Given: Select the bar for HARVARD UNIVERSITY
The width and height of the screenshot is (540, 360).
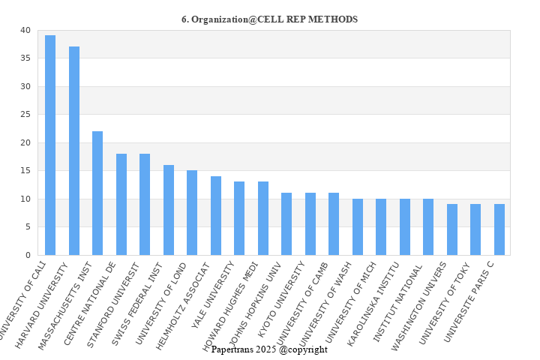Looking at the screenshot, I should pos(74,151).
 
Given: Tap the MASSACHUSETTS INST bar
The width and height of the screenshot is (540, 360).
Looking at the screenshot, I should pos(97,193).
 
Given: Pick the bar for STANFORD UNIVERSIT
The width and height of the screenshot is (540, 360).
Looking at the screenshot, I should pos(145,204).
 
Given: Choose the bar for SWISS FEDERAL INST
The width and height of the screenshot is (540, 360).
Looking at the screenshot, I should pos(169,210).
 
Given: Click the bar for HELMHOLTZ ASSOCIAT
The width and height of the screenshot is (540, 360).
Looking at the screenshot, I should pos(216,215).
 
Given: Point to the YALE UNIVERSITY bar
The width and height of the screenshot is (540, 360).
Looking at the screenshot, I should pos(239,218).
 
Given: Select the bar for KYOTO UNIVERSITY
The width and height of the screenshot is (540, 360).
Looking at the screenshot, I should pos(310,223).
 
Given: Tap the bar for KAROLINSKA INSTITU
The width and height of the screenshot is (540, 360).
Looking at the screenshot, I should pos(405,226).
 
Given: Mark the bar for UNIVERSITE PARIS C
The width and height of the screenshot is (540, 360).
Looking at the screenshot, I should pos(499,229).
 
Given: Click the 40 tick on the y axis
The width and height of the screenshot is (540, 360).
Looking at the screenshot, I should pos(25,31).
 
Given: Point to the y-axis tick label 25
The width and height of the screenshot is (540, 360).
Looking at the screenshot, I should pos(25,115).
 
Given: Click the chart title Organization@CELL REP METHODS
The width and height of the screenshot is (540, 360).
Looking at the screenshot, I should pos(269,19).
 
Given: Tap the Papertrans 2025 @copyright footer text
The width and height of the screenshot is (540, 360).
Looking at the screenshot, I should pos(269,349).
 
